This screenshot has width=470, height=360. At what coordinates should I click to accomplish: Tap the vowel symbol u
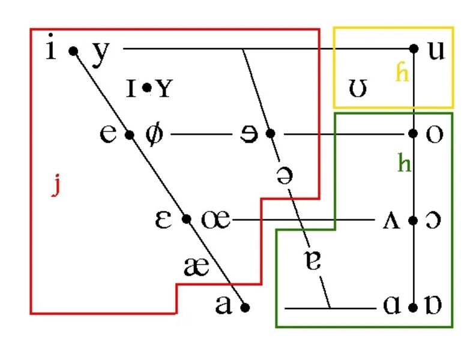(436, 50)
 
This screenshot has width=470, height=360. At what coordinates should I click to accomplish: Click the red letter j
(56, 187)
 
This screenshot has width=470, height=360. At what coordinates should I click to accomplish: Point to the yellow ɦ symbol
(402, 73)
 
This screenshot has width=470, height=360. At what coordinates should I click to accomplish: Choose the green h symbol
(404, 163)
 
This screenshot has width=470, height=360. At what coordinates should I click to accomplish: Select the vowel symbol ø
(154, 134)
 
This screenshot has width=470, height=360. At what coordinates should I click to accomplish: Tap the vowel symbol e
(109, 133)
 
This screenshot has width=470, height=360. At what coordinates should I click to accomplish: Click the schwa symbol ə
(283, 175)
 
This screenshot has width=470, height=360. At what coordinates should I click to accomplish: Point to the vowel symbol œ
(215, 220)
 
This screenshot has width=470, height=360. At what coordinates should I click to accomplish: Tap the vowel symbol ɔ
(433, 220)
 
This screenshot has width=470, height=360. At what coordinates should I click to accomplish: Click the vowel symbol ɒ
(434, 307)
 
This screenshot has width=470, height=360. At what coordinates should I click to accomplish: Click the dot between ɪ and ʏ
(146, 89)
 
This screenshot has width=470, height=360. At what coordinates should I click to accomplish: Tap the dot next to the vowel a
(244, 307)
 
